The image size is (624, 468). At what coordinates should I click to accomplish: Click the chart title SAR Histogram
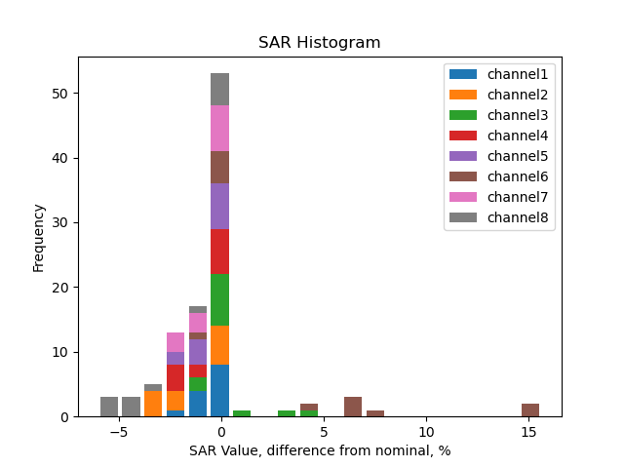[x=319, y=43]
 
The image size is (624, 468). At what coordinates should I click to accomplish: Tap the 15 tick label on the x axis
[x=528, y=431]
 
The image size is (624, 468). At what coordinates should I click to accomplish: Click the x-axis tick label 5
[x=324, y=431]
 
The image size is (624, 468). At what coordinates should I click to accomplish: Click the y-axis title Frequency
[x=39, y=237]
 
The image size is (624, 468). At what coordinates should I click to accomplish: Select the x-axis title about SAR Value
[x=319, y=450]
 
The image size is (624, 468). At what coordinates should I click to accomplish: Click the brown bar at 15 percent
[x=530, y=410]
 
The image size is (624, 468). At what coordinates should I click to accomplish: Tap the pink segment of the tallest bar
[x=220, y=129]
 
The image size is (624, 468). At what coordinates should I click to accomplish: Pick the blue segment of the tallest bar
[x=220, y=391]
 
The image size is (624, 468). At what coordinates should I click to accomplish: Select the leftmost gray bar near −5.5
[x=109, y=407]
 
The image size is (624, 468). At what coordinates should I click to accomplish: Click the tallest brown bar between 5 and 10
[x=353, y=407]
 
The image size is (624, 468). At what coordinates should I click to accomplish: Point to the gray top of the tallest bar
[x=220, y=90]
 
